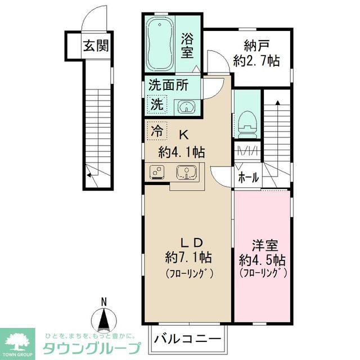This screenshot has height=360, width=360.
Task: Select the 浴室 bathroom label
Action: [187, 45]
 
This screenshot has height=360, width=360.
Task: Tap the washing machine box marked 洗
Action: [157, 104]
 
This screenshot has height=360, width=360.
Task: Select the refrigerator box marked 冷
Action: [157, 132]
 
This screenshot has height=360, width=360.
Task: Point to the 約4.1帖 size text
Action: [181, 151]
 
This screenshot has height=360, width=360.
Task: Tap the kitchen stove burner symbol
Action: [157, 173]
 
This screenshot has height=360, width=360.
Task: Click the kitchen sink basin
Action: [184, 172]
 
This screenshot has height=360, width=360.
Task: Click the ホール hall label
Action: [248, 178]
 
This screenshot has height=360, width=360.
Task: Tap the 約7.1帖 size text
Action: [188, 258]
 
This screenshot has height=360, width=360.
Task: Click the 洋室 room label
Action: [262, 246]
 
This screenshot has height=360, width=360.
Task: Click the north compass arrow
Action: [103, 322]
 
